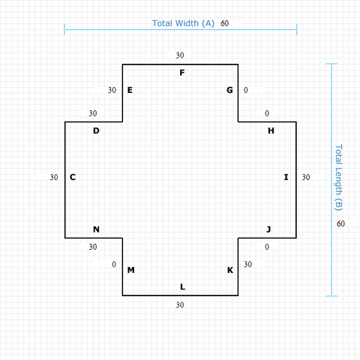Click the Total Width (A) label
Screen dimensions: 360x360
pos(183,23)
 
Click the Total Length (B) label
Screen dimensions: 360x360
pos(338,178)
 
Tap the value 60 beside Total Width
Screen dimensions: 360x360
pos(224,23)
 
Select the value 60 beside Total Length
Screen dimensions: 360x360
pos(340,223)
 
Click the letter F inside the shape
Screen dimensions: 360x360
pos(182,73)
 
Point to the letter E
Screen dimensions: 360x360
pos(130,90)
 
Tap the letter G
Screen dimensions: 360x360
pos(229,90)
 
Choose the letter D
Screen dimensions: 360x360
pos(96,130)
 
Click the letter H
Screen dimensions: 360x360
pos(271,130)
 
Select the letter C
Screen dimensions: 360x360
pos(73,177)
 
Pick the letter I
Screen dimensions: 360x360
pos(286,177)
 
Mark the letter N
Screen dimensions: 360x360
pos(96,229)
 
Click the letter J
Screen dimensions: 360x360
pos(268,229)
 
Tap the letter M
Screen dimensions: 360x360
pos(131,270)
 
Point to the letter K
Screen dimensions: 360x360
pos(230,270)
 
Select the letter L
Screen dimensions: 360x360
pos(183,286)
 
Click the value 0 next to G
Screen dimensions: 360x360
pos(246,90)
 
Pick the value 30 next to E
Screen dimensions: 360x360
pos(112,90)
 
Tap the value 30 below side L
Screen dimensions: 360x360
pos(180,304)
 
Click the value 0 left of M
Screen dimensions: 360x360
pos(114,264)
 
